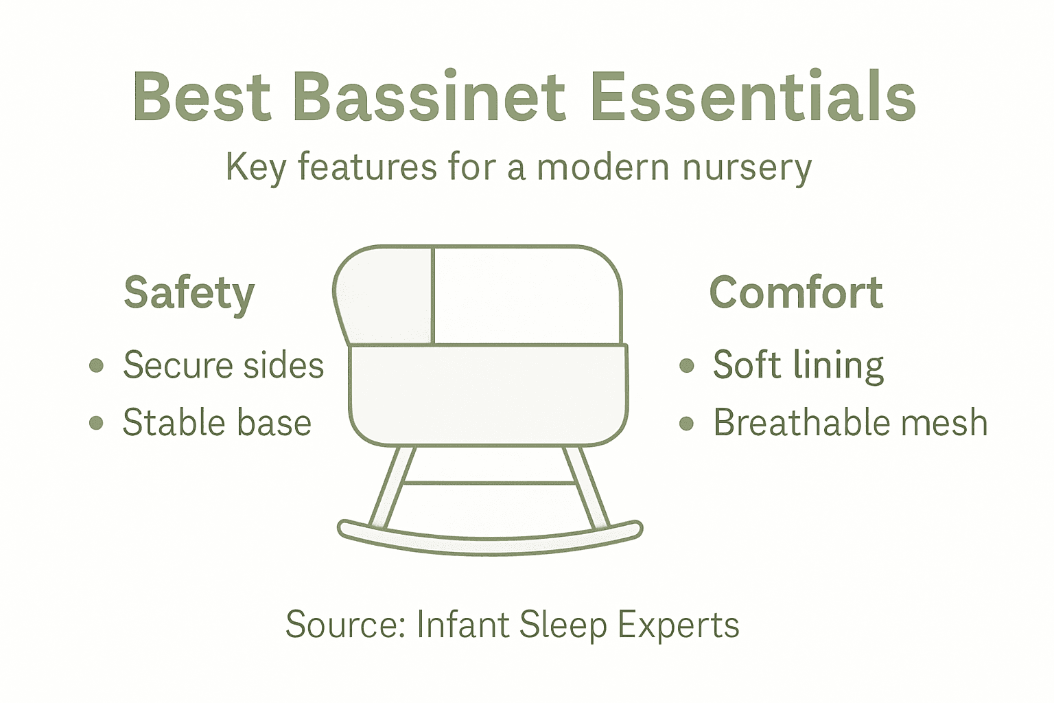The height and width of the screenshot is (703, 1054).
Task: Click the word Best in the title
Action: pyautogui.click(x=201, y=97)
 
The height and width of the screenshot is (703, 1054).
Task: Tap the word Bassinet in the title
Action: pyautogui.click(x=429, y=97)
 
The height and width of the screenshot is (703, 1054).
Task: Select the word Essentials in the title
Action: pyautogui.click(x=752, y=97)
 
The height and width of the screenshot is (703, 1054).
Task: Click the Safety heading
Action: pyautogui.click(x=189, y=294)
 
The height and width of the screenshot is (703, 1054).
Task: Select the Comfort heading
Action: pyautogui.click(x=795, y=293)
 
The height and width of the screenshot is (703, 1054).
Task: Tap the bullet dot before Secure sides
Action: pyautogui.click(x=97, y=365)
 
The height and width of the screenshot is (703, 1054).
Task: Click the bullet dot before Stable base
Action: pyautogui.click(x=97, y=423)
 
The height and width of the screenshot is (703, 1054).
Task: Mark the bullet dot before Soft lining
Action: pyautogui.click(x=686, y=365)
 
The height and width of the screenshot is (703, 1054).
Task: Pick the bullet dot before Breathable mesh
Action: pyautogui.click(x=686, y=423)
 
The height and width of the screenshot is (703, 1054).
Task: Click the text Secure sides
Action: pyautogui.click(x=223, y=365)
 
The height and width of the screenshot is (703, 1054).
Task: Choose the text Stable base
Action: pyautogui.click(x=217, y=422)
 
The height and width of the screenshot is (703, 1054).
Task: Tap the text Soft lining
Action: pyautogui.click(x=798, y=365)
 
